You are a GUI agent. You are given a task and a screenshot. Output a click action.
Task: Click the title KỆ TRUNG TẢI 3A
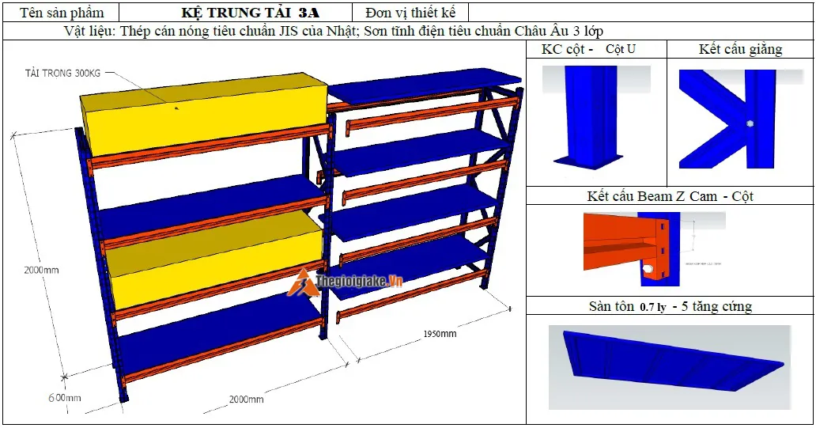(x=251, y=13)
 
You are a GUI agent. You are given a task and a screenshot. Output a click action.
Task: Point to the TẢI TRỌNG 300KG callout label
(x=62, y=74)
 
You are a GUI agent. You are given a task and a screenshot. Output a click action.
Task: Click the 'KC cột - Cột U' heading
(x=588, y=50)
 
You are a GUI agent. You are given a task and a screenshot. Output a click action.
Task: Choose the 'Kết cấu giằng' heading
(x=740, y=50)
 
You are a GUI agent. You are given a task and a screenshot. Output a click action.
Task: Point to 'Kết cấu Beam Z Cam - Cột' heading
(x=670, y=196)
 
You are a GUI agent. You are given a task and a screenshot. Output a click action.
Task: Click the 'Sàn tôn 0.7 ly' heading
(x=670, y=306)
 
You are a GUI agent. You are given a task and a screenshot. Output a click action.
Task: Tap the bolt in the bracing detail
(x=748, y=124)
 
